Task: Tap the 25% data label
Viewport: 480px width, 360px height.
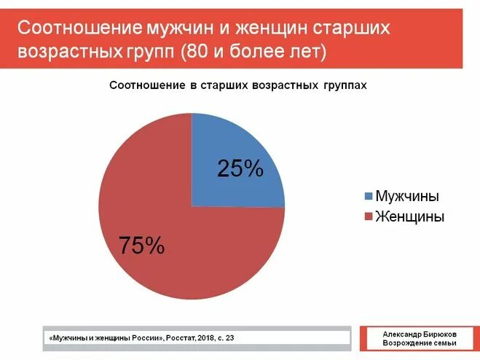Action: [240, 168]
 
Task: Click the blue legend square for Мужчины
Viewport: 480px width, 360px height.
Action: [368, 197]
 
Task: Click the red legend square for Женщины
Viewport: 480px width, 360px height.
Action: [368, 216]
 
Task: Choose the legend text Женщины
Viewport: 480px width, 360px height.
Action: [409, 216]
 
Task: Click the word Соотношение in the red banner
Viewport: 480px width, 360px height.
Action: [79, 29]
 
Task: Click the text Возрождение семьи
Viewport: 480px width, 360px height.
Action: [420, 343]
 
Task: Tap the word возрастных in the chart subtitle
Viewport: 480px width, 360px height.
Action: [284, 85]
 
